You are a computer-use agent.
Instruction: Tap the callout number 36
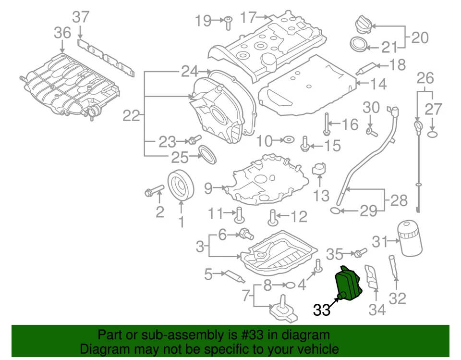click(62, 33)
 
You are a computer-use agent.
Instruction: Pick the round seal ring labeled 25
click(207, 155)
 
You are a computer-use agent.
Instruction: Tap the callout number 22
click(131, 115)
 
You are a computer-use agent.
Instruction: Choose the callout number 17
click(249, 18)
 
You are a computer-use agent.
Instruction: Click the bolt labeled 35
click(360, 252)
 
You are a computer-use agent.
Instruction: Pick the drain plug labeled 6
click(247, 234)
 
